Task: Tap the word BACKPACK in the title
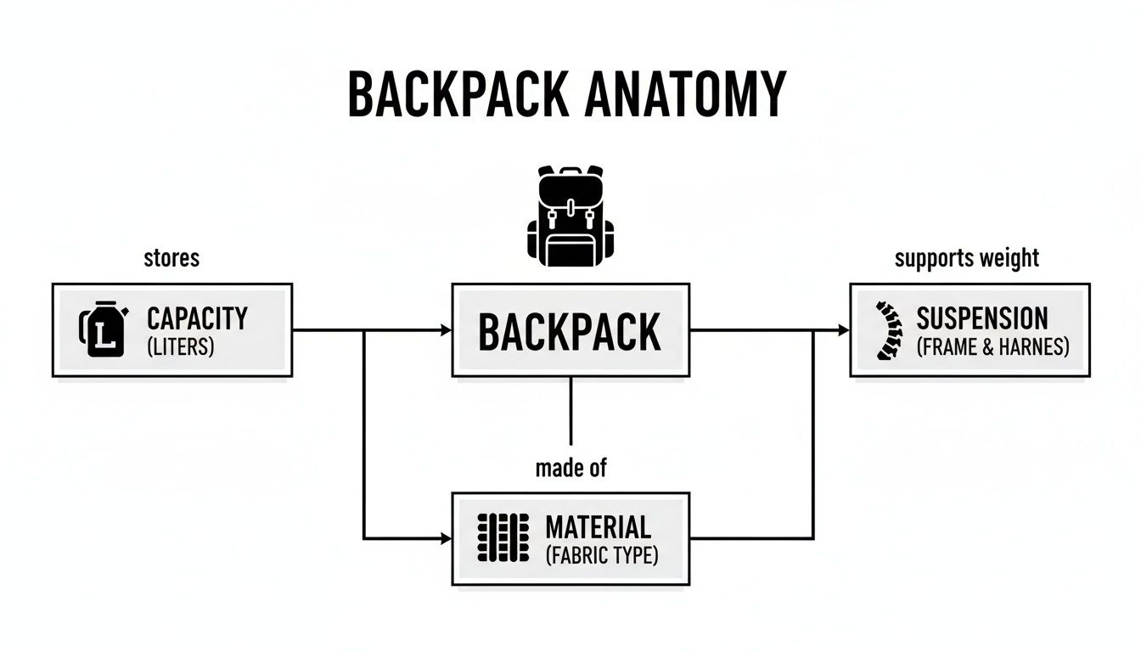(458, 94)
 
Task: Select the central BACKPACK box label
(570, 331)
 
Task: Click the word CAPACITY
(197, 319)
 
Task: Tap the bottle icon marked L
(103, 329)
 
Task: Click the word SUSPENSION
(981, 319)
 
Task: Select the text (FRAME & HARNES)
(992, 347)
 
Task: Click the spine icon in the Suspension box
(885, 330)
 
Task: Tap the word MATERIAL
(598, 527)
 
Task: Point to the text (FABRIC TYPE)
(601, 557)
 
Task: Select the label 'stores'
(171, 257)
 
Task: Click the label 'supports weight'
(967, 257)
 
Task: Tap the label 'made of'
(570, 468)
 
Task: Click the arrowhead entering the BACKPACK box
(446, 330)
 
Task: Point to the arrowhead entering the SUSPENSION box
(844, 330)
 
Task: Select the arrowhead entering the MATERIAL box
(446, 539)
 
